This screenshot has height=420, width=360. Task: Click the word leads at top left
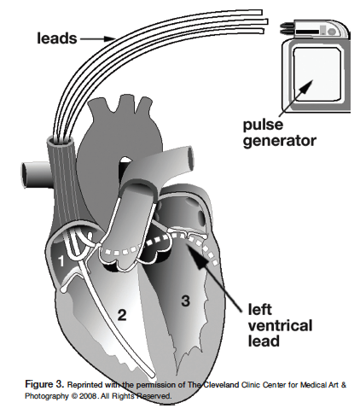[57, 38]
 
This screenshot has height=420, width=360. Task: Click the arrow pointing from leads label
[97, 38]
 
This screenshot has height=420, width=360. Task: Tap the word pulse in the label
[263, 125]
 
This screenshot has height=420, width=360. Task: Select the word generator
[280, 141]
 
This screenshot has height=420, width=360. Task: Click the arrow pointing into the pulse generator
[296, 98]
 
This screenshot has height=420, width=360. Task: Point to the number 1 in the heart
[61, 261]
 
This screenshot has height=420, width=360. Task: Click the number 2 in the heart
[122, 315]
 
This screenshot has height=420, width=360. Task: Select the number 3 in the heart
[185, 300]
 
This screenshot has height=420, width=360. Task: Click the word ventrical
[280, 325]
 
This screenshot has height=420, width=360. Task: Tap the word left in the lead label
[259, 310]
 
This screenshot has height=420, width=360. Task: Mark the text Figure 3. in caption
[44, 384]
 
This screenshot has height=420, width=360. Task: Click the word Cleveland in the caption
[222, 385]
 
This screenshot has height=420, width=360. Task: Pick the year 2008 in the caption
[87, 396]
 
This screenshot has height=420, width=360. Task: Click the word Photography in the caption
[47, 396]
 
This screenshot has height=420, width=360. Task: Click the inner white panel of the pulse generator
[316, 74]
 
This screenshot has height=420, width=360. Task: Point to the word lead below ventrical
[264, 341]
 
